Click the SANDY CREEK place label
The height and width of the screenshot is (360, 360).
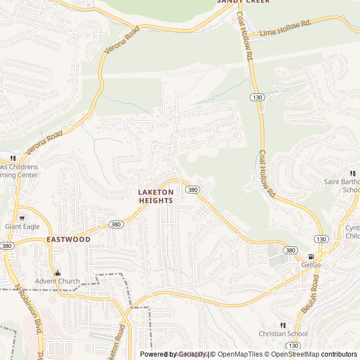point(244,2)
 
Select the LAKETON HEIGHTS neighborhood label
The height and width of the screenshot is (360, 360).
point(156,196)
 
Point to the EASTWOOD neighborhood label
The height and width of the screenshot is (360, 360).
point(69,239)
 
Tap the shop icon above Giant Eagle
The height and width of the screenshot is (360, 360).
point(22,218)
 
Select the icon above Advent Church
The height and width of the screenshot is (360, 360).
point(57,272)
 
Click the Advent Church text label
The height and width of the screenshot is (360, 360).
point(57,281)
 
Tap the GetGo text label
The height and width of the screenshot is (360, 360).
point(310,264)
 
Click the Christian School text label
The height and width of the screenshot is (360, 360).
point(283,334)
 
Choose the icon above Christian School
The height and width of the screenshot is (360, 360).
point(283,325)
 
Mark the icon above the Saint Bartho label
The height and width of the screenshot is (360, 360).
point(353,173)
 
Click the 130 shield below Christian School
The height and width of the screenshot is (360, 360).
point(292,345)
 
